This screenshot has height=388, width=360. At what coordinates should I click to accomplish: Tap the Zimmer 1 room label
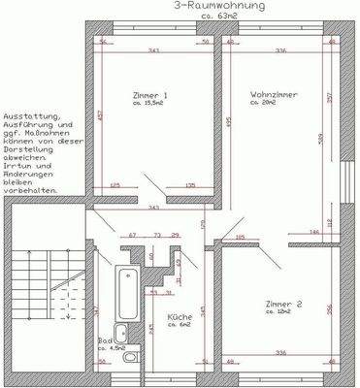click(151, 95)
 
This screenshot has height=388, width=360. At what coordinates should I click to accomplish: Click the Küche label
click(179, 317)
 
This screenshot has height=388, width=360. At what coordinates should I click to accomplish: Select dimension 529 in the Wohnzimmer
click(319, 139)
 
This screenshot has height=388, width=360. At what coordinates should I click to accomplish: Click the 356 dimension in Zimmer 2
click(330, 309)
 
